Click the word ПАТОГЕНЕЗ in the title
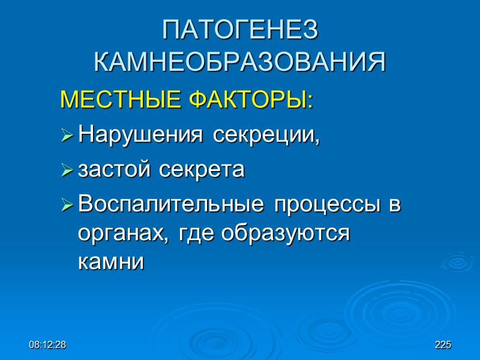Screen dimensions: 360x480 point(240,31)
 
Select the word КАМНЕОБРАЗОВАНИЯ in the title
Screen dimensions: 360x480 point(240,62)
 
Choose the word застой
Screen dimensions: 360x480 point(113,170)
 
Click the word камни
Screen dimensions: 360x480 point(111,262)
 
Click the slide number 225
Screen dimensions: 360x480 point(443,345)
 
